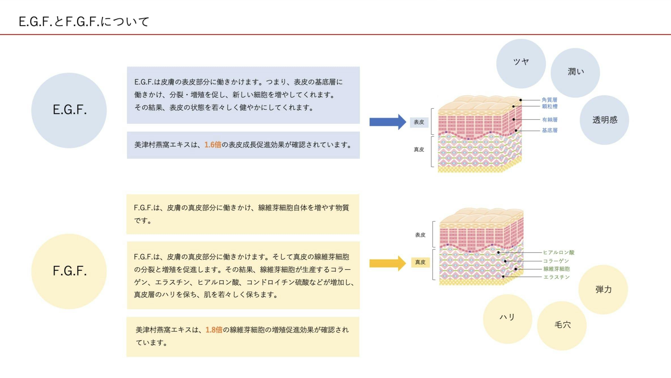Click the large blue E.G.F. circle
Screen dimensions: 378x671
(x=69, y=110)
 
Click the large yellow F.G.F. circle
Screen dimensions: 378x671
(x=69, y=271)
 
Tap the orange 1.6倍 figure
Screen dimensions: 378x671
(x=213, y=145)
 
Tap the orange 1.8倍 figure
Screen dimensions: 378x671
(x=214, y=330)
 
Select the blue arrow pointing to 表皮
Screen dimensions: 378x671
(x=387, y=122)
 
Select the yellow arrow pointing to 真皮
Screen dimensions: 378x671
(x=387, y=263)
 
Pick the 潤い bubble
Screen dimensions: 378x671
(x=575, y=73)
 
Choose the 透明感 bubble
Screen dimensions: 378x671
(x=604, y=120)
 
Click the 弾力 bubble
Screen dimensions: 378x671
(x=603, y=290)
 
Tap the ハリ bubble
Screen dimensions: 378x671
(x=507, y=319)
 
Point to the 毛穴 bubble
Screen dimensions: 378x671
(x=562, y=326)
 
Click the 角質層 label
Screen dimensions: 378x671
(x=549, y=100)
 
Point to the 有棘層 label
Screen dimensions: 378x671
(x=550, y=120)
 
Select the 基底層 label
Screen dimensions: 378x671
(x=550, y=130)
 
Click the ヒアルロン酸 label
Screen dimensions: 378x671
(x=558, y=252)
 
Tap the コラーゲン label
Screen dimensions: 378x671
(x=556, y=261)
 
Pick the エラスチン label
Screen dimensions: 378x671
(x=556, y=277)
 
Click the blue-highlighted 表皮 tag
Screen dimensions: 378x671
(x=419, y=122)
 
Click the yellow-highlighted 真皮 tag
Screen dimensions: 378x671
(x=420, y=262)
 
